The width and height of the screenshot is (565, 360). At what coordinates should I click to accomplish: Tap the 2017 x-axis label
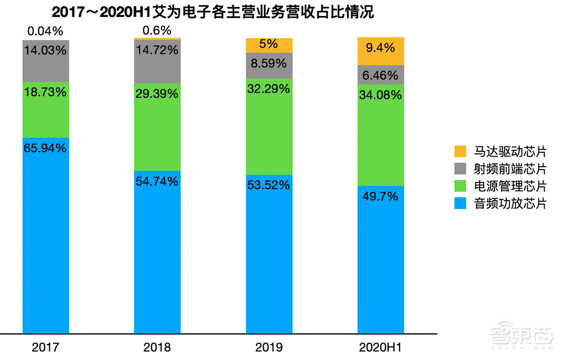tap(45, 347)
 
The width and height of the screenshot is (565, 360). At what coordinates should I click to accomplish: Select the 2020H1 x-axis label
tap(381, 347)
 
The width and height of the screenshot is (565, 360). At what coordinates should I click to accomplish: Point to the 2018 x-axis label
tap(157, 347)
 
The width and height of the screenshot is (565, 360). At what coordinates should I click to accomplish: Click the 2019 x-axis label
tap(269, 347)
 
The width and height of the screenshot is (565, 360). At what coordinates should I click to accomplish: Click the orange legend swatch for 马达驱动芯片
tap(460, 151)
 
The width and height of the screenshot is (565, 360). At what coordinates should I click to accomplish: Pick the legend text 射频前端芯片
tap(510, 169)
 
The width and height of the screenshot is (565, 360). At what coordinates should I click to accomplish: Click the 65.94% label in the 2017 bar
tap(45, 149)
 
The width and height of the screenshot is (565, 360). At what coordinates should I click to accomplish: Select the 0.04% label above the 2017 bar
tap(45, 30)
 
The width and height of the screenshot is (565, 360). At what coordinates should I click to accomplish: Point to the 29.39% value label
tap(157, 94)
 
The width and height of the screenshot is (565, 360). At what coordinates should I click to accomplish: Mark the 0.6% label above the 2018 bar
tap(157, 30)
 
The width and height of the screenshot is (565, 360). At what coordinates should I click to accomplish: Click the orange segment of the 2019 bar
tap(269, 45)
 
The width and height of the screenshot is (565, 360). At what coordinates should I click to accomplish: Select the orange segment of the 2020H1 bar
tap(381, 51)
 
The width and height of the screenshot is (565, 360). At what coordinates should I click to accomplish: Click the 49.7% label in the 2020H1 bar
tap(381, 197)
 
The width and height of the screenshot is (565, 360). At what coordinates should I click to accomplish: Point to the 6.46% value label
tap(381, 74)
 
